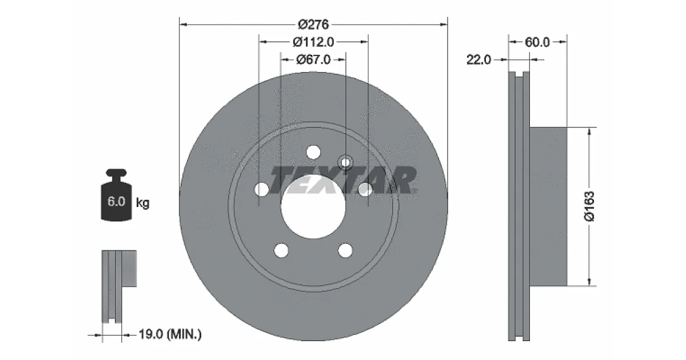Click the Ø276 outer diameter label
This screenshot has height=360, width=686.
(313, 25)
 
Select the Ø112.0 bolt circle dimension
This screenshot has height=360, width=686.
(313, 42)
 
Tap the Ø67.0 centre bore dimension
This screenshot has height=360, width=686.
(313, 59)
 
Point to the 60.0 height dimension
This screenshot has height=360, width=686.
(537, 42)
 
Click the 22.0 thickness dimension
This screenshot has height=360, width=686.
(478, 59)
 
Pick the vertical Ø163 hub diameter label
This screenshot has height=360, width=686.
(589, 206)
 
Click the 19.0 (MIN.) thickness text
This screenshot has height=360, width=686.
(170, 334)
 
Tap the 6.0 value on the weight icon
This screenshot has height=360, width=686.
(116, 201)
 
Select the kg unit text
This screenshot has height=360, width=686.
(143, 203)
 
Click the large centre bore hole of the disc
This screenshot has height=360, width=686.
(313, 207)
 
